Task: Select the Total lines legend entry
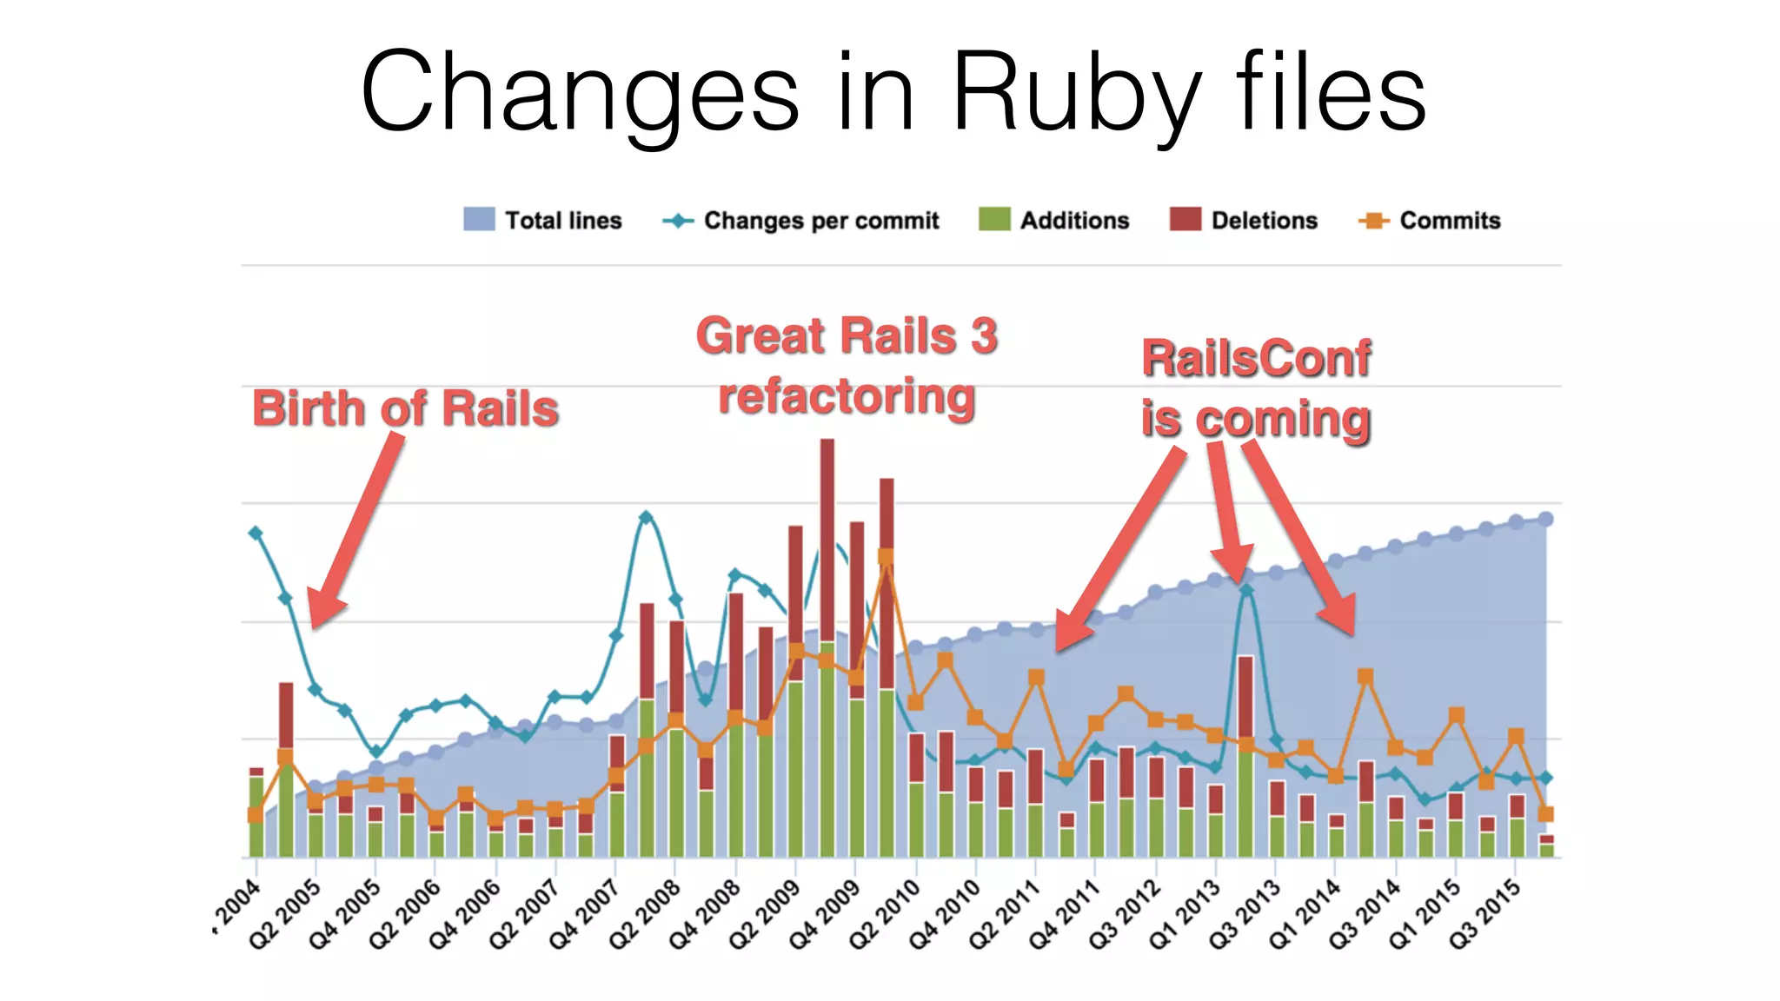pos(543,220)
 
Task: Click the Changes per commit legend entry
pos(800,220)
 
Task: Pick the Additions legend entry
pos(1053,220)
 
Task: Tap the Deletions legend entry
pos(1244,220)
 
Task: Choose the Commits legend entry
pos(1430,220)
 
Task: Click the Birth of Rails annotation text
pos(405,408)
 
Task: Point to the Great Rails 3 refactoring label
pos(847,366)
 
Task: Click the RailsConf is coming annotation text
pos(1256,388)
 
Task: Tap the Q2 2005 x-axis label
pos(286,914)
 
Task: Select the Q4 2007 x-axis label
pos(585,914)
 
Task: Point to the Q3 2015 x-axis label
pos(1484,914)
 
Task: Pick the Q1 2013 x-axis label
pos(1185,914)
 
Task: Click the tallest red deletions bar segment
pos(827,539)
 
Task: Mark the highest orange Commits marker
pos(887,556)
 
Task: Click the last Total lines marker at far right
pos(1546,519)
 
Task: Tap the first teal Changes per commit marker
pos(256,533)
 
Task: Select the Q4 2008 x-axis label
pos(705,914)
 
